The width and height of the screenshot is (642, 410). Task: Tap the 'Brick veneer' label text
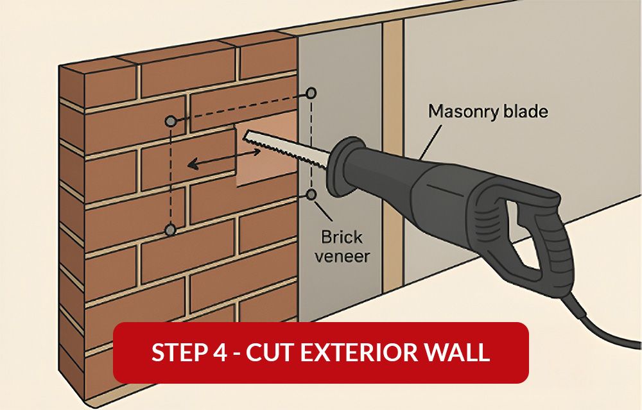click(x=343, y=247)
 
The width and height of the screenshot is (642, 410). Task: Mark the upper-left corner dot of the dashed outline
click(x=170, y=121)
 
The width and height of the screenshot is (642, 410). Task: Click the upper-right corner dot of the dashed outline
click(x=311, y=93)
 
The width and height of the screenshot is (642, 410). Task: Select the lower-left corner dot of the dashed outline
click(x=170, y=229)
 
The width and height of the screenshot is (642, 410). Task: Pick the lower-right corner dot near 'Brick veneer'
click(x=311, y=194)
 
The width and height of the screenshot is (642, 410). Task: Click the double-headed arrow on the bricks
click(x=224, y=158)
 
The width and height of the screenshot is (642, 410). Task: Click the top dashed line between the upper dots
click(x=241, y=107)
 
